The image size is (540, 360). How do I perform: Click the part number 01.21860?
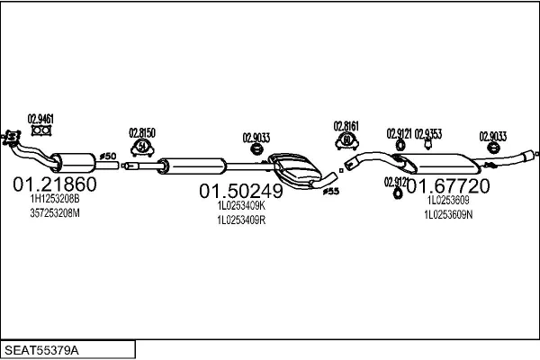click(x=54, y=184)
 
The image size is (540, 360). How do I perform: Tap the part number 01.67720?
click(x=447, y=186)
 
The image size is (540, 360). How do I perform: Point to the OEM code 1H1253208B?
click(x=55, y=199)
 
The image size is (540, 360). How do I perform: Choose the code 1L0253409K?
click(x=240, y=205)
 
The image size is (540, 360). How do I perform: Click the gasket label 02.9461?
click(x=40, y=117)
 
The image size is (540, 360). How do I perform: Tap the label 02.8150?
click(x=142, y=132)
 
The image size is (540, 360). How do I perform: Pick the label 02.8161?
click(x=346, y=126)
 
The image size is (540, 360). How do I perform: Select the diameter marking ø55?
click(x=330, y=191)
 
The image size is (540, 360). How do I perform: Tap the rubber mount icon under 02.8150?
click(x=142, y=148)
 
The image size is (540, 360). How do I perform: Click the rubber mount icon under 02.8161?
click(x=346, y=140)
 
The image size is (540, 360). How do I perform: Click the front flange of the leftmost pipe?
click(x=12, y=137)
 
